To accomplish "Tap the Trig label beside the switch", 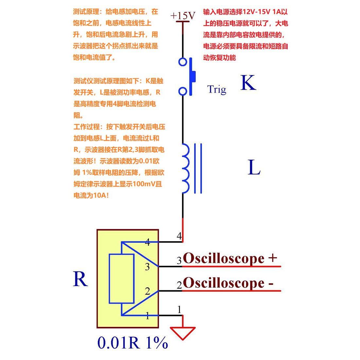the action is pyautogui.click(x=216, y=89).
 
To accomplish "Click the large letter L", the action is pyautogui.click(x=254, y=168).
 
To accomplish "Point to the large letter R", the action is pyautogui.click(x=80, y=279).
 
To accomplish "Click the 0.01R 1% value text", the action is pyautogui.click(x=133, y=343).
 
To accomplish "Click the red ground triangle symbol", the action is pyautogui.click(x=183, y=333).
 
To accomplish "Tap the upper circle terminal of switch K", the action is pyautogui.click(x=183, y=62).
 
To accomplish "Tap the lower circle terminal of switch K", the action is pyautogui.click(x=183, y=91).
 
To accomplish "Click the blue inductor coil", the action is pyautogui.click(x=185, y=169).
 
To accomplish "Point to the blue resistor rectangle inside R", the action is pyautogui.click(x=121, y=279).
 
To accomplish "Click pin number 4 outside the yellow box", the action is pyautogui.click(x=179, y=236).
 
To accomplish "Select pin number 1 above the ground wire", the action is pyautogui.click(x=179, y=309).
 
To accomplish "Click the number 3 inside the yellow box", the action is pyautogui.click(x=147, y=267).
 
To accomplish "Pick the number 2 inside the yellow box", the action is pyautogui.click(x=147, y=291).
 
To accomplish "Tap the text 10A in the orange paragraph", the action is pyautogui.click(x=99, y=196).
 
